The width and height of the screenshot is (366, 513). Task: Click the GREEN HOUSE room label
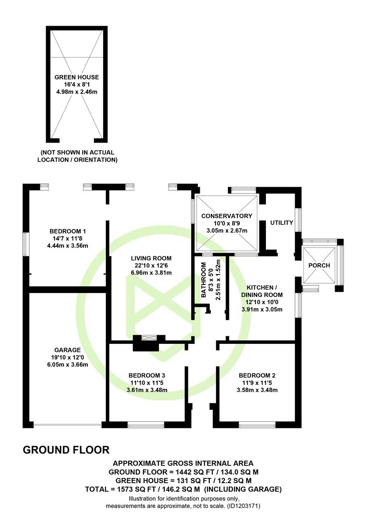(x=76, y=77)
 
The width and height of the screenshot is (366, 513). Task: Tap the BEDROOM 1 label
(x=68, y=231)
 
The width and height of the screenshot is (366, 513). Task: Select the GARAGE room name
(x=67, y=350)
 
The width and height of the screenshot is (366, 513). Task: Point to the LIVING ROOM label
(x=151, y=258)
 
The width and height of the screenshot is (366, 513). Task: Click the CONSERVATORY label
(x=226, y=216)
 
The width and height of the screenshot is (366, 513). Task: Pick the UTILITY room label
(x=282, y=223)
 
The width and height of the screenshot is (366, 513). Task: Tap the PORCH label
(x=319, y=266)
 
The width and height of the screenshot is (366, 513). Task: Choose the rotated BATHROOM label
(x=204, y=280)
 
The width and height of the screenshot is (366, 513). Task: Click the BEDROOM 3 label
(x=147, y=376)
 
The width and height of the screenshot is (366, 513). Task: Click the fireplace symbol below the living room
(x=149, y=338)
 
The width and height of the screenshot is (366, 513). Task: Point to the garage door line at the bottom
(x=67, y=425)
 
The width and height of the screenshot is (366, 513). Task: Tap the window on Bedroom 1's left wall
(x=26, y=245)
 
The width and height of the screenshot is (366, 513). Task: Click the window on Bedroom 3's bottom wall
(x=146, y=425)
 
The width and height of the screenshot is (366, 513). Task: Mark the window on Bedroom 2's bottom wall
(x=257, y=425)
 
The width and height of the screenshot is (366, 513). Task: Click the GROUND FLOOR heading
(x=66, y=450)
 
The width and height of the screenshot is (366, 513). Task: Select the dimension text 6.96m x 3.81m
(x=151, y=273)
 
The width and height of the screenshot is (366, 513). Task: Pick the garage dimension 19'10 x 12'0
(x=67, y=357)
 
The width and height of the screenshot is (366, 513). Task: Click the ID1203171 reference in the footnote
(x=244, y=506)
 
